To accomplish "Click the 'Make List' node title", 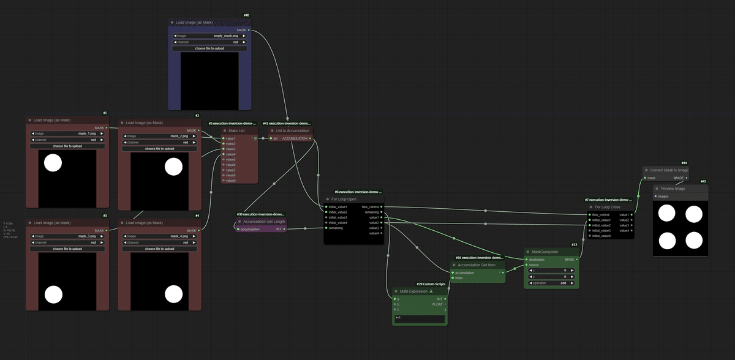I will point(236,130).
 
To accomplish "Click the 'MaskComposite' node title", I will point(544,251).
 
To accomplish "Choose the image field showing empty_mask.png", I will point(211,36).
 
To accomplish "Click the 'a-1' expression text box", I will point(420,318).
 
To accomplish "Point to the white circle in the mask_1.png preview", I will point(53,163).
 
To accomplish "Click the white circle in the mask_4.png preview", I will point(174,295).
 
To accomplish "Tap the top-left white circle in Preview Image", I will point(666,214).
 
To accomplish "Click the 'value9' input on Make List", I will point(224,181).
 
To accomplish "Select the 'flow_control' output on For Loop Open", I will point(381,207).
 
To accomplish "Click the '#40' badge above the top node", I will point(246,15).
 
